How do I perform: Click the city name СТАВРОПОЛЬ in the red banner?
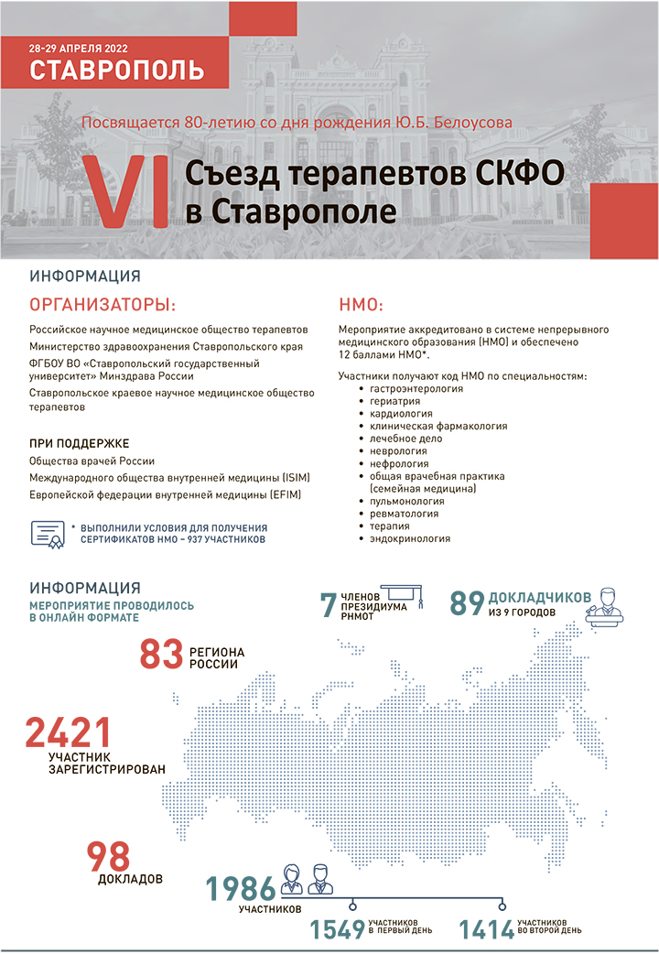(x=116, y=70)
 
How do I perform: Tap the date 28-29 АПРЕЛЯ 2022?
(x=76, y=47)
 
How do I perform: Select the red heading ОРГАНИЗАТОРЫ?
(x=103, y=304)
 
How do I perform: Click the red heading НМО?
(x=361, y=304)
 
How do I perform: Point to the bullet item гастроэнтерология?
(x=416, y=389)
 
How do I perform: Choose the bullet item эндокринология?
(x=409, y=539)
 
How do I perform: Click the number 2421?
(x=69, y=733)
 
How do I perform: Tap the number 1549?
(x=337, y=929)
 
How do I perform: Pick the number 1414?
(x=486, y=929)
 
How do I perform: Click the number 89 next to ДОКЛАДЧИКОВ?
(x=466, y=604)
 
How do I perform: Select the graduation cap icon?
(x=398, y=596)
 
